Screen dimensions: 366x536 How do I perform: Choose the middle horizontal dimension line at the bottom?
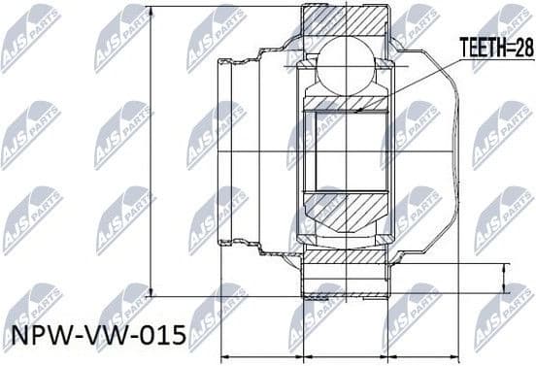click(x=351, y=354)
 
